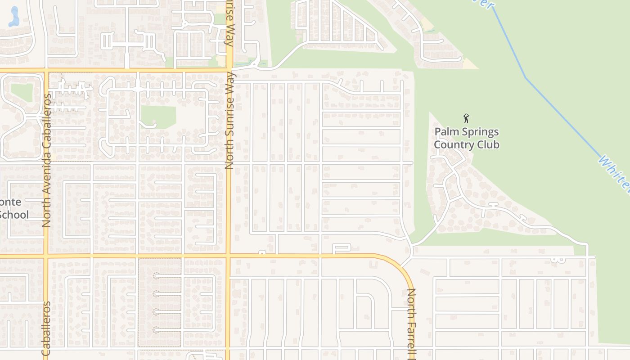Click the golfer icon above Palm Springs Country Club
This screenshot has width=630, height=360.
coord(466,118)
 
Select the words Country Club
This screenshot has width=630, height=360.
coord(466,145)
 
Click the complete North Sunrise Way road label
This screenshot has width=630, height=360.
coord(229,121)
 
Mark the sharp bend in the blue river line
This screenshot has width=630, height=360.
coord(525,77)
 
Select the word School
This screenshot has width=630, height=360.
coord(13,215)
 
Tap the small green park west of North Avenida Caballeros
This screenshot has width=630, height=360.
coord(22,92)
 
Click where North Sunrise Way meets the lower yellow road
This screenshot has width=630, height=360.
coord(229,256)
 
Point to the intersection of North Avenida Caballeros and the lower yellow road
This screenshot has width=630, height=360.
coord(45,256)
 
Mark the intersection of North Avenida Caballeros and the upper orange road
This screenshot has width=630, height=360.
coord(45,70)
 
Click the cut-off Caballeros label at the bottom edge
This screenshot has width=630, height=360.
coord(46,328)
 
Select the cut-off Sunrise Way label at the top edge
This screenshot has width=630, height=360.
coord(229,22)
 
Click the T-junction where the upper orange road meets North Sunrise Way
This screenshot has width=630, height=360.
coord(229,70)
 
